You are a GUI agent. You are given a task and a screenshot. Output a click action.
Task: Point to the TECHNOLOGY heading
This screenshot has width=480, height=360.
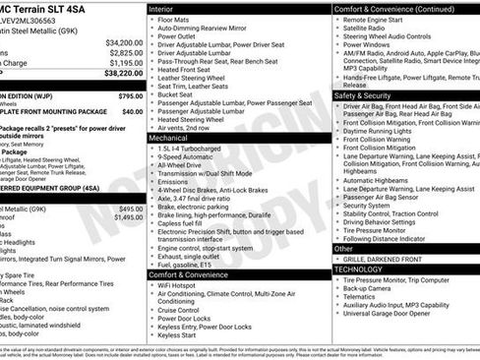click(x=358, y=269)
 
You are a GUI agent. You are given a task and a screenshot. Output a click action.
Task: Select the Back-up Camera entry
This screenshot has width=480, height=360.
click(x=372, y=289)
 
